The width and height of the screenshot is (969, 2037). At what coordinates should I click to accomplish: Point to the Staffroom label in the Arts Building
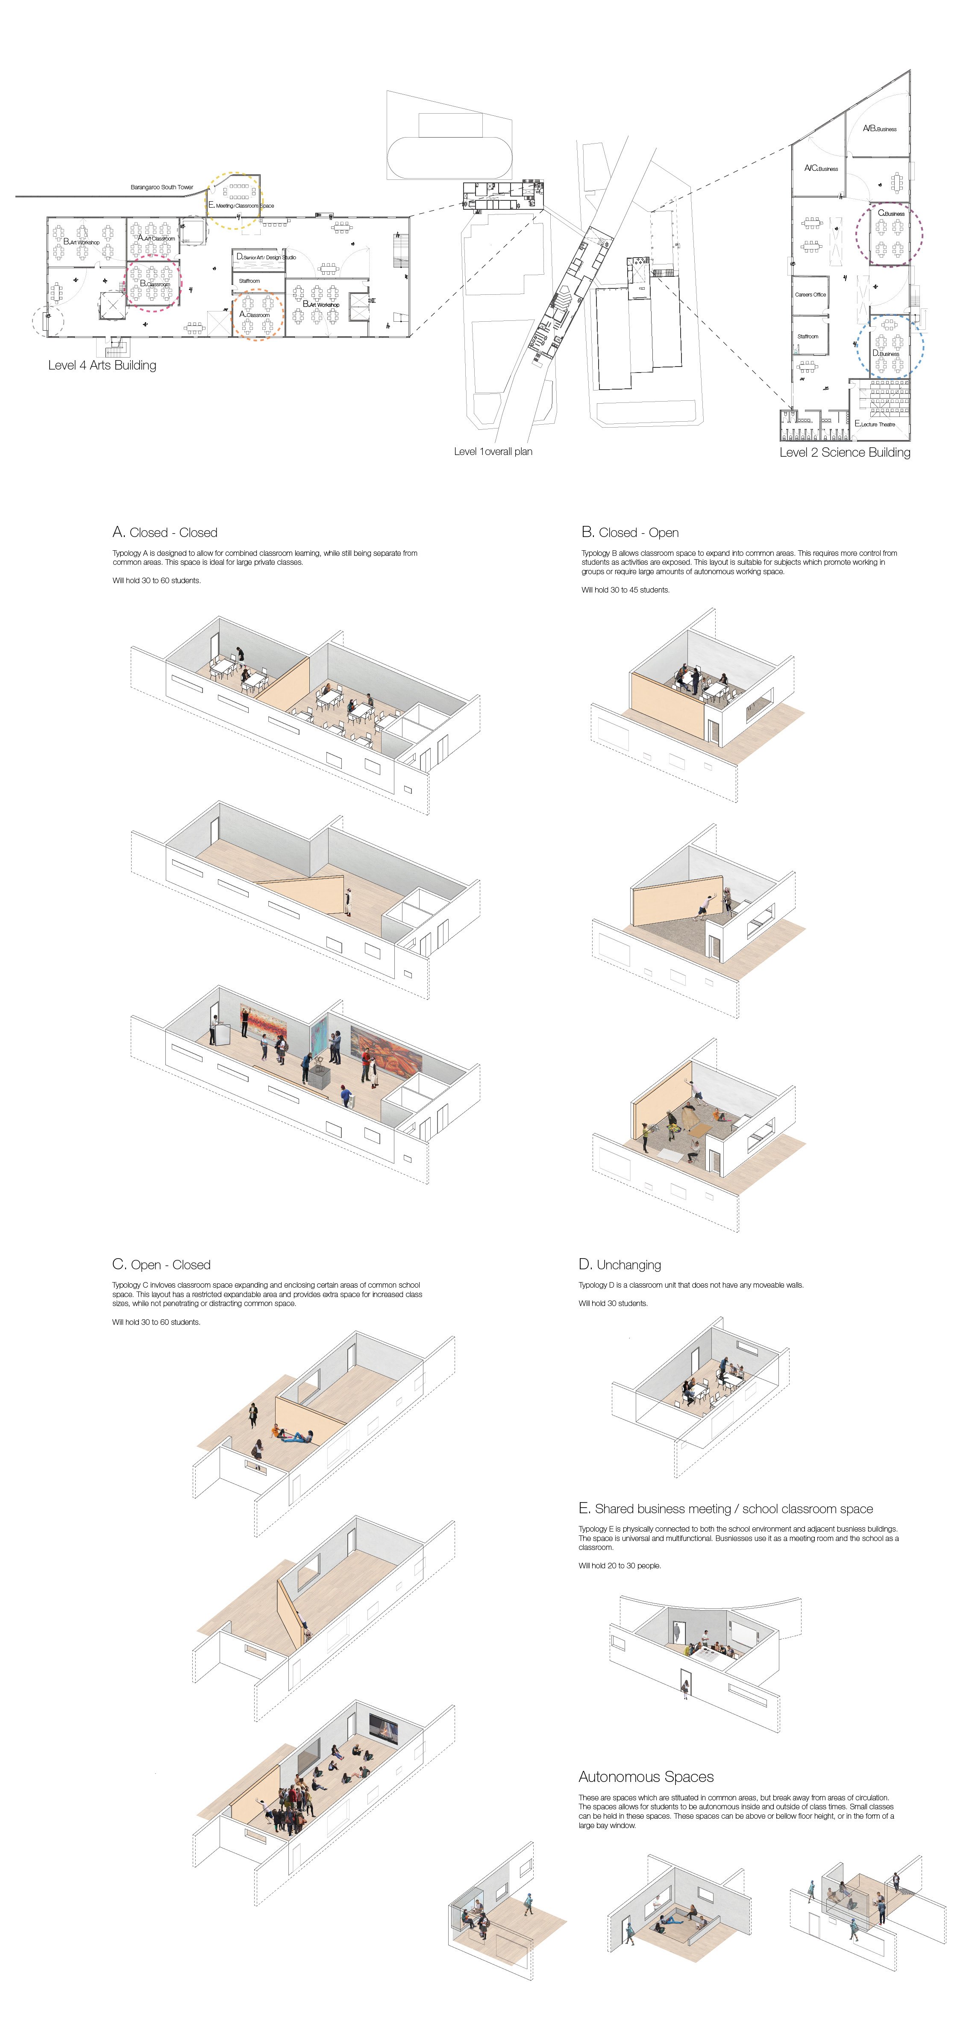pyautogui.click(x=249, y=281)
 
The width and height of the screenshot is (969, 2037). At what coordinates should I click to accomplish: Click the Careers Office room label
pyautogui.click(x=810, y=294)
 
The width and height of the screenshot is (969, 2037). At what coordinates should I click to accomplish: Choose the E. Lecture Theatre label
pyautogui.click(x=875, y=424)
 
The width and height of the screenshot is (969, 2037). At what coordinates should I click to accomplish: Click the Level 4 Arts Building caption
pyautogui.click(x=102, y=365)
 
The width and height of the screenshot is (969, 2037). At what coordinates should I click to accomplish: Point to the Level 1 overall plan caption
pyautogui.click(x=493, y=452)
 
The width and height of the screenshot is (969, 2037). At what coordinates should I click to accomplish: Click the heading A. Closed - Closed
pyautogui.click(x=164, y=532)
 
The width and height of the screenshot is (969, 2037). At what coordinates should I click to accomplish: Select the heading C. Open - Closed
pyautogui.click(x=161, y=1265)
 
